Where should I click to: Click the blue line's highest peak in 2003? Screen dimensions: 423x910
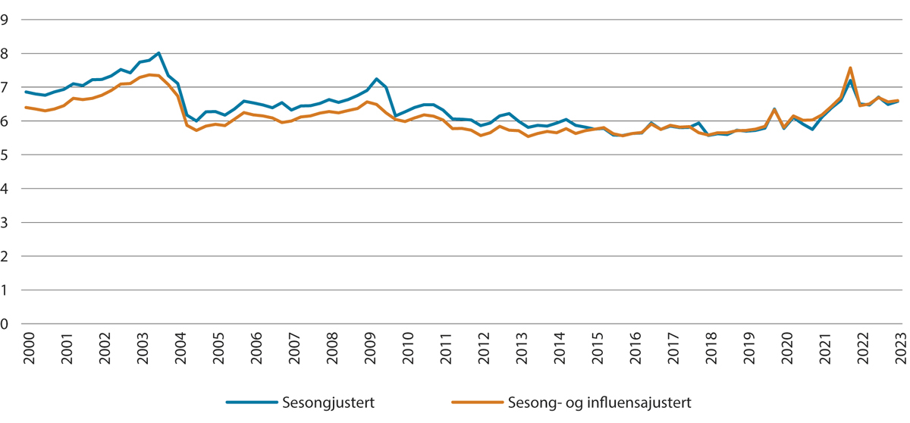(158, 53)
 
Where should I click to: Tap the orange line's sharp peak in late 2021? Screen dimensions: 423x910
(851, 67)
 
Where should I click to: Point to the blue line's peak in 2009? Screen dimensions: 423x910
(376, 79)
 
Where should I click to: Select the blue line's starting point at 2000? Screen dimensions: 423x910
(27, 92)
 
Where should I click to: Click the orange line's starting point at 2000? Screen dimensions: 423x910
(27, 108)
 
